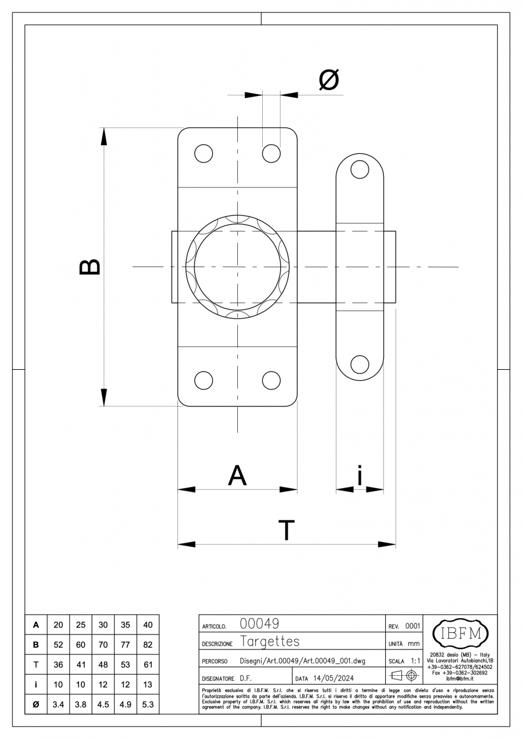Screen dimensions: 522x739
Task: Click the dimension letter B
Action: (x=90, y=267)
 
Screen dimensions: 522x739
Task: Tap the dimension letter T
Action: (x=287, y=530)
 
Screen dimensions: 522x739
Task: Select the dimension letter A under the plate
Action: (x=237, y=475)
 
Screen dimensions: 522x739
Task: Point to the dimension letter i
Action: (x=360, y=475)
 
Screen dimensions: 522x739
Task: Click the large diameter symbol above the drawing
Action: (x=329, y=80)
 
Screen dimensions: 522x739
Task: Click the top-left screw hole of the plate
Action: (x=204, y=153)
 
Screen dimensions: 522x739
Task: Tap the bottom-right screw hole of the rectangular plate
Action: (x=271, y=380)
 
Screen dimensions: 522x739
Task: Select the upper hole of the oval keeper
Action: (x=360, y=170)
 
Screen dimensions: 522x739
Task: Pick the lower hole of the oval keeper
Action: (x=360, y=364)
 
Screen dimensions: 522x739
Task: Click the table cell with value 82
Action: (x=148, y=644)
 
